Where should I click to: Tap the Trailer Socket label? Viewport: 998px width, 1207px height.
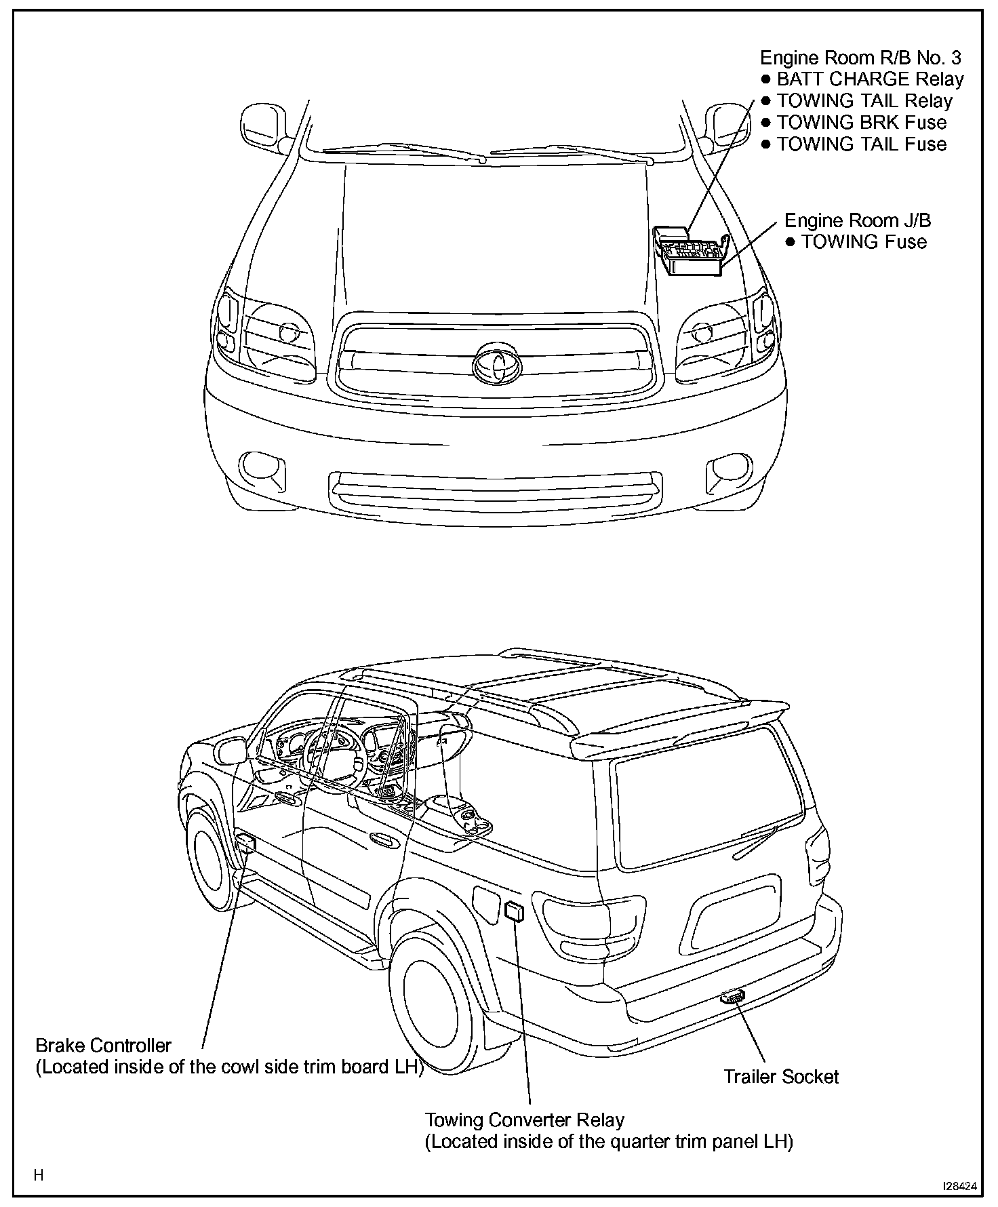[x=780, y=1076]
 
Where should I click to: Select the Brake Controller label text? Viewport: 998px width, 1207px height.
[x=103, y=1045]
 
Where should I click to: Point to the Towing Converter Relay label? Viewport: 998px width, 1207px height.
[x=524, y=1120]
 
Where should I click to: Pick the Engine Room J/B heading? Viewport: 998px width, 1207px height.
[x=857, y=220]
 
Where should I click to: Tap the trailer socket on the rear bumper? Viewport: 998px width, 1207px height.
[x=732, y=997]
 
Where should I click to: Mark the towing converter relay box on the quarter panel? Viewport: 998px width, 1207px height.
[x=515, y=911]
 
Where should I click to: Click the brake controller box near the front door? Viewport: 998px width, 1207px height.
[x=245, y=843]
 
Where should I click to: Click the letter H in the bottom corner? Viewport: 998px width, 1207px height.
[x=39, y=1175]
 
